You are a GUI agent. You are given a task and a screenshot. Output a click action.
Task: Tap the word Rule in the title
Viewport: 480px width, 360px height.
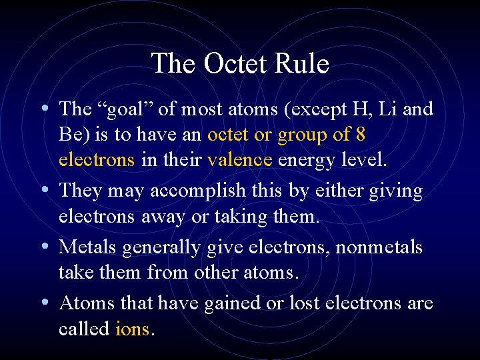(x=303, y=64)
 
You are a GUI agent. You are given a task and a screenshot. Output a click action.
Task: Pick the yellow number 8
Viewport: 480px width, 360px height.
(x=360, y=135)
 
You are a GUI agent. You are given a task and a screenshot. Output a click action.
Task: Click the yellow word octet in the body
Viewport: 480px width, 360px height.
(x=228, y=135)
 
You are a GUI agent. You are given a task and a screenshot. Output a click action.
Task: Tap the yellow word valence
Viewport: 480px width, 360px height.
(x=240, y=161)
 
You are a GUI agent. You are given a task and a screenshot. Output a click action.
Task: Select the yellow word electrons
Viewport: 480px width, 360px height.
(x=97, y=161)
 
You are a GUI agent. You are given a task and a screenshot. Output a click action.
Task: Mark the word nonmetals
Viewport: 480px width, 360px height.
(x=379, y=247)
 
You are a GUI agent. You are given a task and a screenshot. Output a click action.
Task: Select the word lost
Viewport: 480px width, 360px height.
(x=303, y=303)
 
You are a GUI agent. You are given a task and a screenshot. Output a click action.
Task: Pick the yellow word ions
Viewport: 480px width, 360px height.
(x=133, y=329)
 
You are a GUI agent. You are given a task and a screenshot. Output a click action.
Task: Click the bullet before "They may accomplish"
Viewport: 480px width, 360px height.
(x=43, y=190)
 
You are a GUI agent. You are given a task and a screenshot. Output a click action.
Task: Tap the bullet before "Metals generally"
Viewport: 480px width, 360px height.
(x=43, y=246)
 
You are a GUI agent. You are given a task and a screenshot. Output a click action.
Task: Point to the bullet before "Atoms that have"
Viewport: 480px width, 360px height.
(x=43, y=302)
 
